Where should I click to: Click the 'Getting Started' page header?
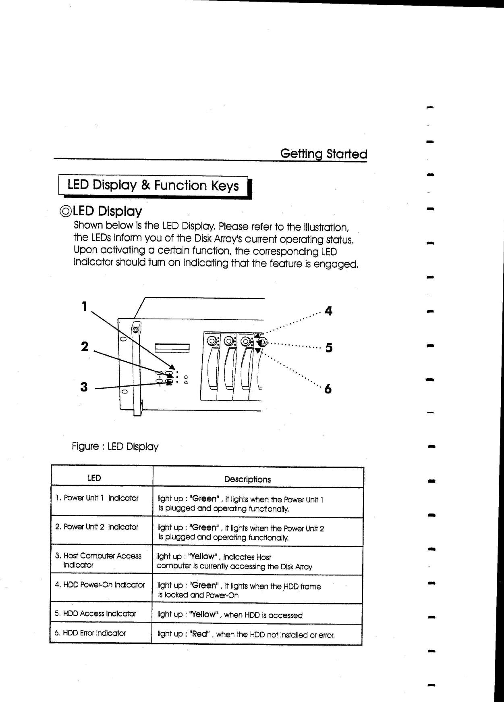[324, 154]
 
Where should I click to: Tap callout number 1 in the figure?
[84, 306]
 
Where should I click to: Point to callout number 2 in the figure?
[84, 346]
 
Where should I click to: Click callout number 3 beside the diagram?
[84, 387]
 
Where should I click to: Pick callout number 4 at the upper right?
[328, 311]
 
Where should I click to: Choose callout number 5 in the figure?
[329, 348]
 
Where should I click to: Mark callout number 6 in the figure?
[328, 389]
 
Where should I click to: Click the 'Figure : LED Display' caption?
[115, 446]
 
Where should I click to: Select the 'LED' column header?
[94, 478]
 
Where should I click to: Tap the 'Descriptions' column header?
[247, 479]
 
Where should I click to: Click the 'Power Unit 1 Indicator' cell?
[97, 498]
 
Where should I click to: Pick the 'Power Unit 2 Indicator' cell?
[97, 527]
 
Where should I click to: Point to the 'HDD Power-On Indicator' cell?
[100, 585]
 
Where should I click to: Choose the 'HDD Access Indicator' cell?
[95, 614]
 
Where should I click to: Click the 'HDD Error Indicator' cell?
[90, 633]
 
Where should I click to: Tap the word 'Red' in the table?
[200, 634]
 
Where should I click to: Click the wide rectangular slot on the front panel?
[172, 348]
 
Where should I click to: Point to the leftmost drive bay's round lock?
[211, 342]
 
